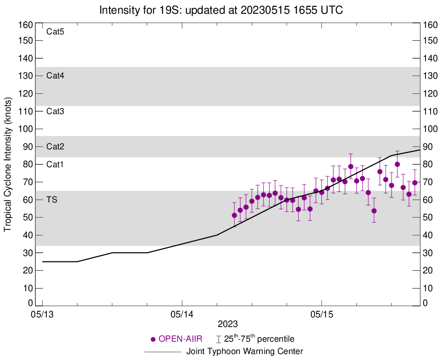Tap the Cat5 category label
click(x=55, y=32)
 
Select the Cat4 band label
click(x=55, y=76)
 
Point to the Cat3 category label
click(x=55, y=111)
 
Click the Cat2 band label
click(x=55, y=147)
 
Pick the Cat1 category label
click(x=55, y=164)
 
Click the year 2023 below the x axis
click(x=228, y=324)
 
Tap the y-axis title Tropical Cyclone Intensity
click(x=8, y=164)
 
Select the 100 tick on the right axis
click(x=431, y=129)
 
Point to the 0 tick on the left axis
click(x=30, y=303)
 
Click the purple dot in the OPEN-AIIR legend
click(x=153, y=339)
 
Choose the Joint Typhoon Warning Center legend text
click(x=245, y=352)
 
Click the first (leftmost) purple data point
click(x=235, y=215)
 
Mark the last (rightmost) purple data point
click(x=415, y=183)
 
